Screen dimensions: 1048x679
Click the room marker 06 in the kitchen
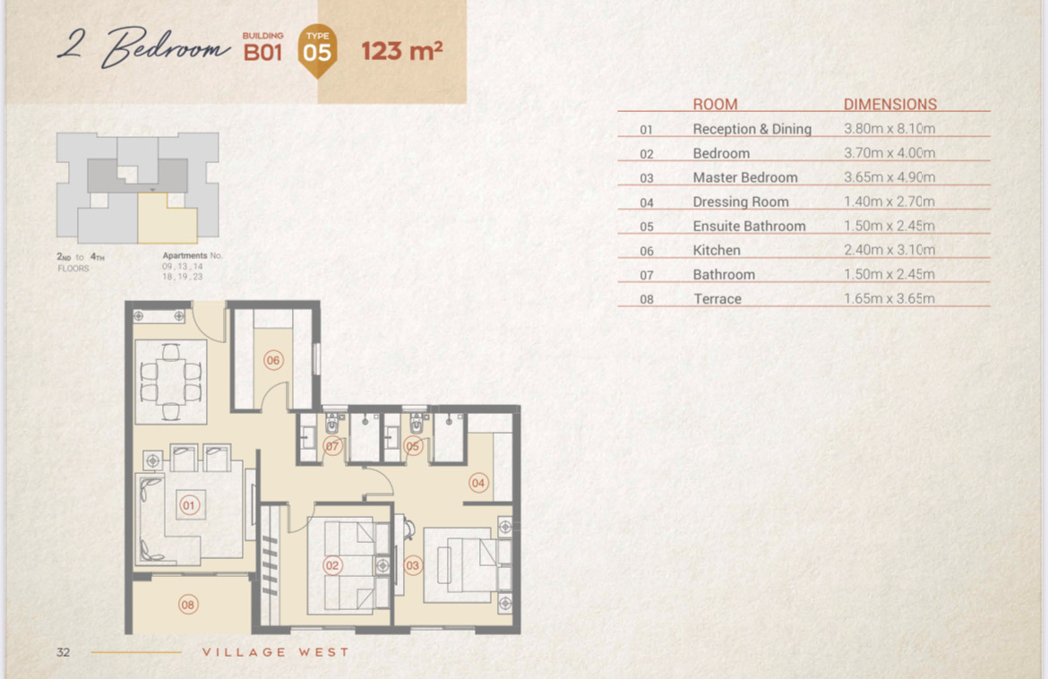273,360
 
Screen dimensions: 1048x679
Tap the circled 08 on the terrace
188,605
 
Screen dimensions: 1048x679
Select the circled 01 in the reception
188,505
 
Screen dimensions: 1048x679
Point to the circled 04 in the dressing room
478,483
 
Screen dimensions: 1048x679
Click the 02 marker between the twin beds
332,565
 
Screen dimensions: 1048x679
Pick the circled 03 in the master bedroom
412,565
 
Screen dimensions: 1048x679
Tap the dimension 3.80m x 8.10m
889,128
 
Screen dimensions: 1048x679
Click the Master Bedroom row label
745,177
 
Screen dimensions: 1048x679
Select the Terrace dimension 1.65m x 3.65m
889,298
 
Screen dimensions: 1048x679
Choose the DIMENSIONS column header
889,104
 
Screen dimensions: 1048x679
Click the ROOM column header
715,104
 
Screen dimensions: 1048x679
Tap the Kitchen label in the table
717,251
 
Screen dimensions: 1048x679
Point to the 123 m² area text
401,51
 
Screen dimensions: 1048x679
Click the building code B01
262,52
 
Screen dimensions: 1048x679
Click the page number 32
64,652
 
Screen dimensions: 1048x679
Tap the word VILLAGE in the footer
245,652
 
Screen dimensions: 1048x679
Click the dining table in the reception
170,382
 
